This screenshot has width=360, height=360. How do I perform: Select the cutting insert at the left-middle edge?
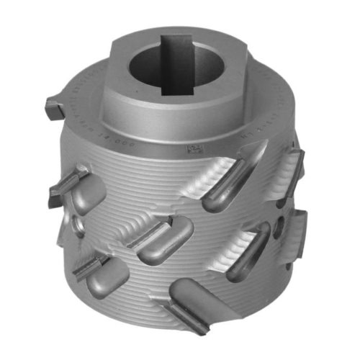point(68,184)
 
